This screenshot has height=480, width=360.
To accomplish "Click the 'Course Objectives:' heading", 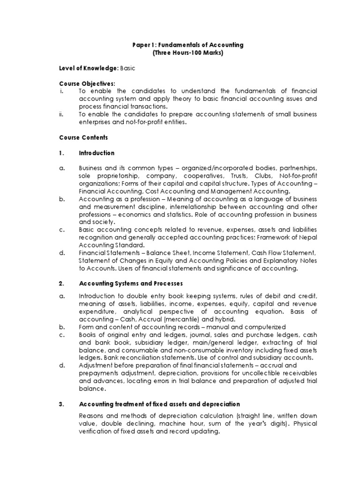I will (x=87, y=83).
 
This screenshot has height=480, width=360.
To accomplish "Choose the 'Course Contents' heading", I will (x=83, y=138).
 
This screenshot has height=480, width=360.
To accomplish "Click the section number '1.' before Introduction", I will (x=62, y=153).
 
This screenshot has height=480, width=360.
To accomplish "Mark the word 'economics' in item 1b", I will (x=136, y=214).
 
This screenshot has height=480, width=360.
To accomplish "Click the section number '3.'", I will (x=62, y=404).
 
